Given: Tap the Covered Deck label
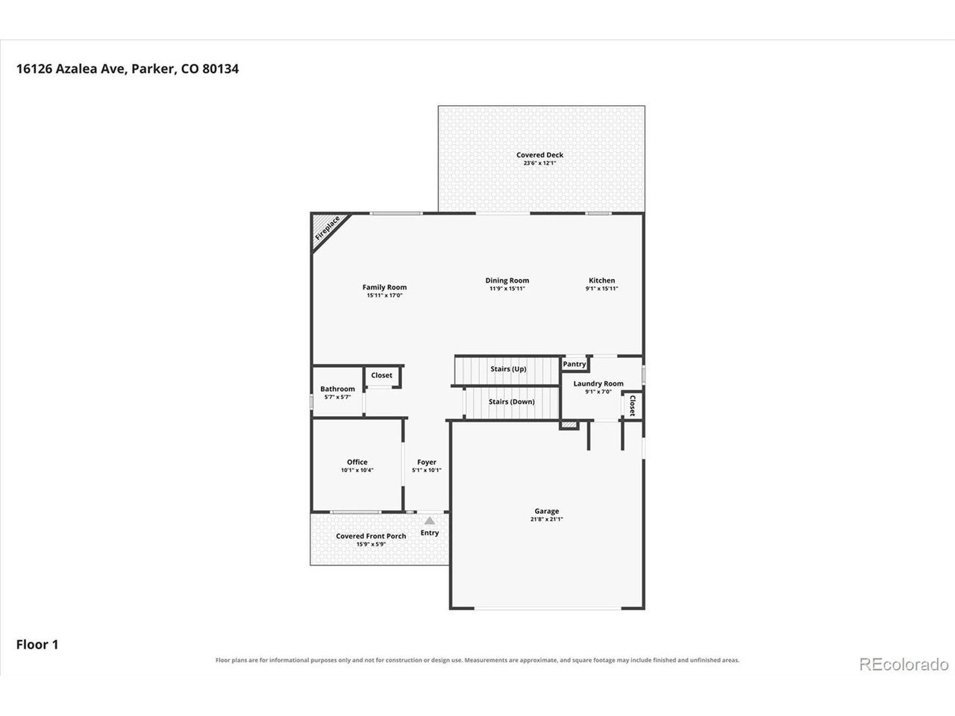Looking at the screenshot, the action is point(539,155).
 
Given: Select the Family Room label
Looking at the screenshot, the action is point(384,287).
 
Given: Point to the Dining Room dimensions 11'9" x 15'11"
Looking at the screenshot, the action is point(507,288).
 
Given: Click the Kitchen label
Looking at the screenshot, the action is point(601,280).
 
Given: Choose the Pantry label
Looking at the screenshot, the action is point(574,364).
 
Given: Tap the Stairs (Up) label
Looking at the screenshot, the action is point(508,368).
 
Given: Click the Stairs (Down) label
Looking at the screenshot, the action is point(511,402).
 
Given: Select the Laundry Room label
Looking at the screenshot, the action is point(598,383).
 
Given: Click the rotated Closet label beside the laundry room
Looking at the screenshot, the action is point(633,406).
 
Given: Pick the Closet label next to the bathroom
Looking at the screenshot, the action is point(381,375).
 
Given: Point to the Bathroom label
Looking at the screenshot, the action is point(338,389).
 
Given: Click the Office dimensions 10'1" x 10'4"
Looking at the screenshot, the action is point(357,470).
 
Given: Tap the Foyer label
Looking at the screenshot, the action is point(426,462).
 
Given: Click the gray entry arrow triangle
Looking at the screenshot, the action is point(430,521).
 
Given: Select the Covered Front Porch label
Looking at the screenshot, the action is point(371,536).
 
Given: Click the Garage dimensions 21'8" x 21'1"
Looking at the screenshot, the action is point(546,519).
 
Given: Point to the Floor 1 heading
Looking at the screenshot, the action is point(37,644).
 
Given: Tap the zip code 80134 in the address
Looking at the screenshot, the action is point(220,69).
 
